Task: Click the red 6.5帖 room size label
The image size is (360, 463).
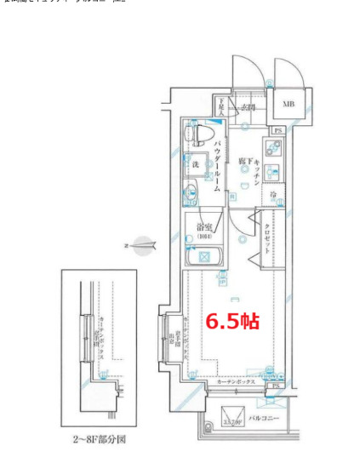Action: [x=230, y=322]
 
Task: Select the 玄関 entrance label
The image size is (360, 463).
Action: [x=247, y=107]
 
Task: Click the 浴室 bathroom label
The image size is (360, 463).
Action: [x=204, y=227]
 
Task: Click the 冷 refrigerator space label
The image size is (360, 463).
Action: [x=273, y=195]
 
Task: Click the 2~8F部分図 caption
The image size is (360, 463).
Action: [x=99, y=441]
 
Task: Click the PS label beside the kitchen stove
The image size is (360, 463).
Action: [x=278, y=130]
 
